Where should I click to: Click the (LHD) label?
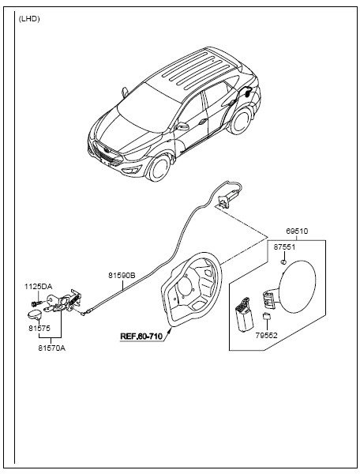tap(29, 19)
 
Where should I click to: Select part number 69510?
tap(297, 231)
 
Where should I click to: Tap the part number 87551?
tap(284, 246)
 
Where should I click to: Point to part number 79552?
tap(266, 335)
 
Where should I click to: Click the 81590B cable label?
tap(122, 276)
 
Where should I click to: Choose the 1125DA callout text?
tap(39, 287)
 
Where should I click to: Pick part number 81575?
tap(39, 328)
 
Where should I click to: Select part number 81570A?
tap(51, 348)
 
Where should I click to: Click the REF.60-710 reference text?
tap(141, 337)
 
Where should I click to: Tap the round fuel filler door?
tap(298, 287)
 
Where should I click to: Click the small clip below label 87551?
tap(283, 261)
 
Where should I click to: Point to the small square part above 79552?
tap(267, 316)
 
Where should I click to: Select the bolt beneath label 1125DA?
tap(36, 303)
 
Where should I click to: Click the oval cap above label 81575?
tap(35, 314)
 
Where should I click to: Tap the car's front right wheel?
tap(160, 167)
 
